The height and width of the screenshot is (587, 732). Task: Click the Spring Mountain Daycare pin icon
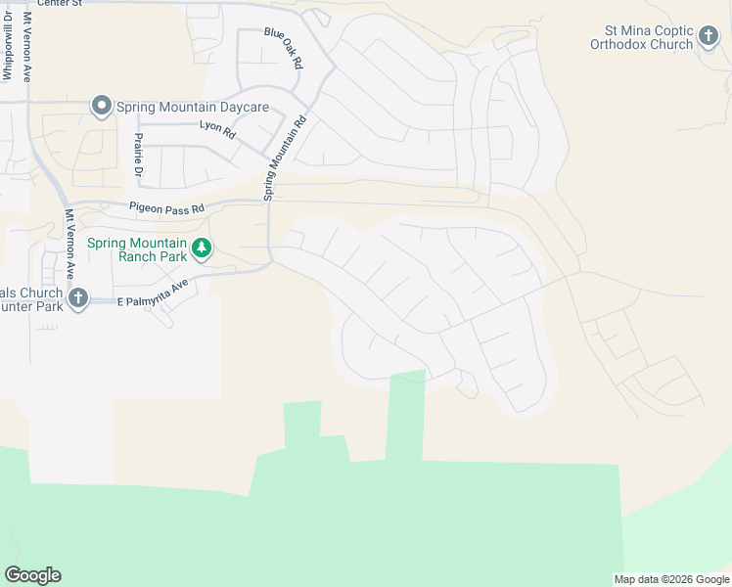coord(101,106)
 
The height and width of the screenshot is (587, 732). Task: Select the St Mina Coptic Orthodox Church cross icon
coord(709,38)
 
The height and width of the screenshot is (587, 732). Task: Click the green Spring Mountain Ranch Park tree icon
coord(201,248)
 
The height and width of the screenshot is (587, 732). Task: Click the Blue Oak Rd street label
coord(285,47)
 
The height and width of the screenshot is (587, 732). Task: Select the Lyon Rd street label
coord(217,128)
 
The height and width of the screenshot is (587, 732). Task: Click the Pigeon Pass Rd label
coord(167,208)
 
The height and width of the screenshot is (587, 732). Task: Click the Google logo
coord(32,575)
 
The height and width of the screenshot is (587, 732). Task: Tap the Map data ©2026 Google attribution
coord(671,579)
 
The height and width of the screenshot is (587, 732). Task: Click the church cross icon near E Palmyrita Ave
coord(79,297)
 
